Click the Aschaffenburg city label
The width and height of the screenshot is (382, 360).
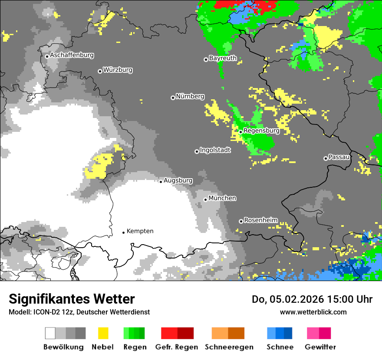click(x=72, y=56)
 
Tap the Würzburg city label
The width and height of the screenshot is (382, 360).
click(x=118, y=70)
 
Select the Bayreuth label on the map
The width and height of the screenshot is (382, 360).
click(x=223, y=58)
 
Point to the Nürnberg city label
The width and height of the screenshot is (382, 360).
click(x=190, y=97)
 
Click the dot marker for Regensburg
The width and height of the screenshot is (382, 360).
click(x=240, y=131)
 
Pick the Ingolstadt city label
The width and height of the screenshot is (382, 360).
click(x=215, y=151)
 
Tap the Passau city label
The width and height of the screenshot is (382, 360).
click(x=339, y=157)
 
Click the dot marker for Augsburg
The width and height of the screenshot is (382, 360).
click(x=161, y=181)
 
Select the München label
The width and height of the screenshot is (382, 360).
click(x=222, y=198)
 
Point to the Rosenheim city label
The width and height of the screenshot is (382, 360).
click(x=260, y=220)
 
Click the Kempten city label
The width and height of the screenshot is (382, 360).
click(x=140, y=231)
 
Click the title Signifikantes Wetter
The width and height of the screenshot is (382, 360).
click(x=72, y=299)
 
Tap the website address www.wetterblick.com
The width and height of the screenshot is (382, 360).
click(x=313, y=312)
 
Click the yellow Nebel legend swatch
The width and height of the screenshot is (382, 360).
click(x=103, y=333)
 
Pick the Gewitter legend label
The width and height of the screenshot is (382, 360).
click(x=320, y=347)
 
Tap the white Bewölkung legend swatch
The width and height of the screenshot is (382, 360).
click(x=50, y=333)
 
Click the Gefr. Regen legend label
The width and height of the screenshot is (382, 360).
click(x=177, y=347)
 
